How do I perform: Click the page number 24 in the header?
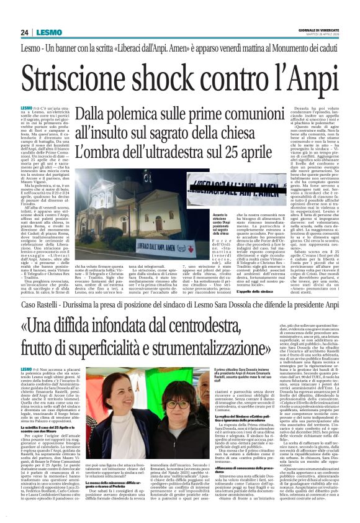click(25, 32)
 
